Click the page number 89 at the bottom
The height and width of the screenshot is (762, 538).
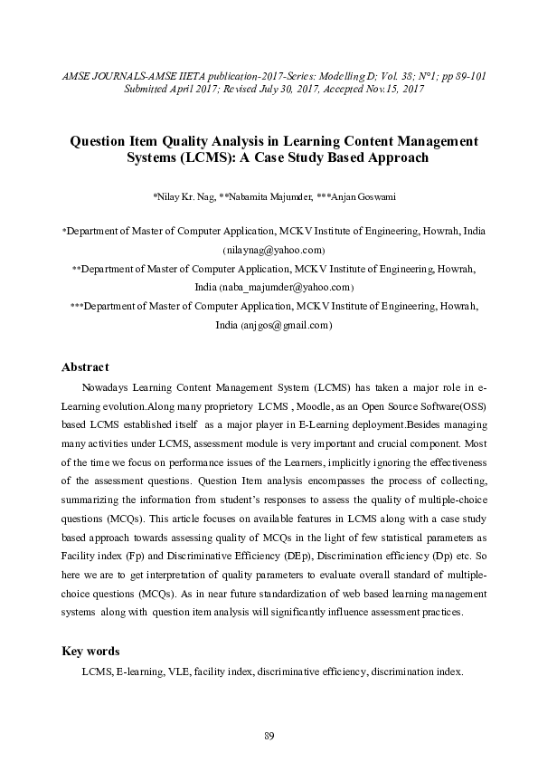pos(269,733)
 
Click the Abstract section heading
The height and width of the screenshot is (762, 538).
pos(85,367)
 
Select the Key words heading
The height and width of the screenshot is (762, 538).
pos(90,652)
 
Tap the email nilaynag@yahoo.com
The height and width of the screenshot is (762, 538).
pos(274,249)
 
